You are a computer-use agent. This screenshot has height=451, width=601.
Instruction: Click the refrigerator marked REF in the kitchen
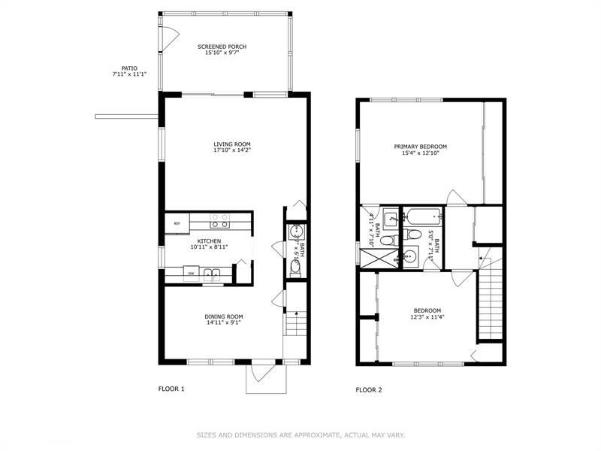point(177,223)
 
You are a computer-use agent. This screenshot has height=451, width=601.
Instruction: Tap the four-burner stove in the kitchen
point(219,221)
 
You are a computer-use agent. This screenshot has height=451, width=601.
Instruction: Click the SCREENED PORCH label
point(222,47)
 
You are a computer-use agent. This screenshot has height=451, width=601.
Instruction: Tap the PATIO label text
point(128,68)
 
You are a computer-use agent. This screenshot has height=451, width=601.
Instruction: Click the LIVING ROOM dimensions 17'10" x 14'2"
point(231,150)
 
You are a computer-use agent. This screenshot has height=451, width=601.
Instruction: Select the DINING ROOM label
point(224,316)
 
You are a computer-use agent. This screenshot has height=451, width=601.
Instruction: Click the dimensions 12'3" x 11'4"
point(427,317)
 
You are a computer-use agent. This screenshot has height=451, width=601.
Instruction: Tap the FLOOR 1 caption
point(171,389)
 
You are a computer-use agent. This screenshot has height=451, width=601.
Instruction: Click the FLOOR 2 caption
point(369,389)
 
